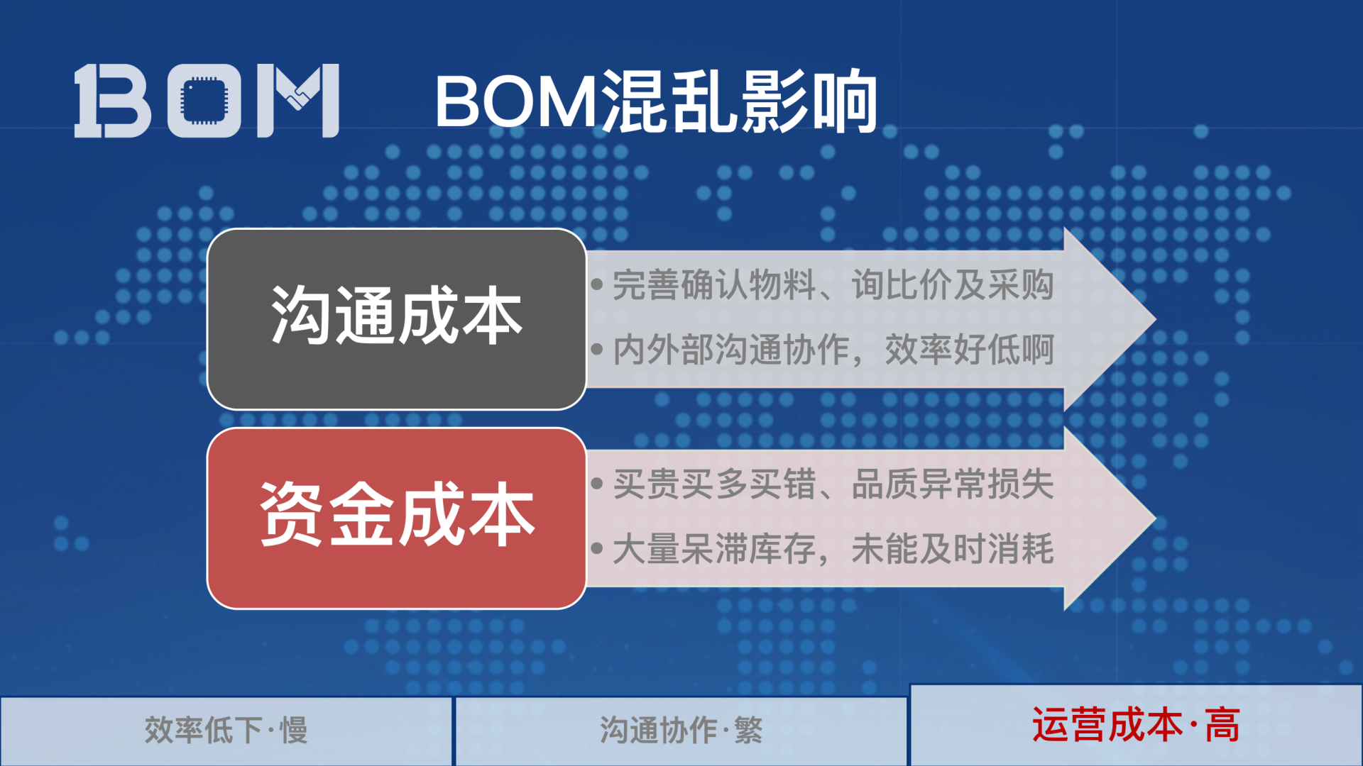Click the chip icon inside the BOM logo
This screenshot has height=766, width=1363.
tap(204, 100)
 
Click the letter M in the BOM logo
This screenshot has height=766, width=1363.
tap(298, 100)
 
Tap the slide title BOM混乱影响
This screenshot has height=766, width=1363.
tap(656, 101)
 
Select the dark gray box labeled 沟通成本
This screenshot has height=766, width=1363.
tap(396, 318)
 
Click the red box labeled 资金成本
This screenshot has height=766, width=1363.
tap(396, 517)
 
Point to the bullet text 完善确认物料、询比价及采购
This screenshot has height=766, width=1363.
tap(833, 285)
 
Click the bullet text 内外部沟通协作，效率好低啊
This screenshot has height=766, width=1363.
tap(833, 350)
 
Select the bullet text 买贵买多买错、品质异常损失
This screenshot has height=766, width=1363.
tap(833, 484)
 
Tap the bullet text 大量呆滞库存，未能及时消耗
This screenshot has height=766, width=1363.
tap(833, 549)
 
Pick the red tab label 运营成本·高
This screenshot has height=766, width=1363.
tap(1136, 725)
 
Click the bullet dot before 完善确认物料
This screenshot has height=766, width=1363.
tap(597, 285)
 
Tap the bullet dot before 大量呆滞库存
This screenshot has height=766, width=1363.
tap(597, 548)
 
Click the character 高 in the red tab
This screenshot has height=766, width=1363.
tap(1222, 725)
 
